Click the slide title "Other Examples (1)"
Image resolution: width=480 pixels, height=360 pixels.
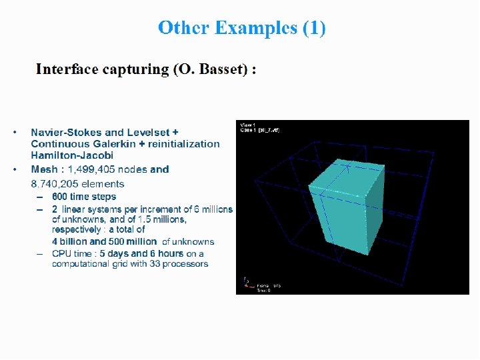[x=241, y=28]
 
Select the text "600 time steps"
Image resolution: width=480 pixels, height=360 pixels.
[x=84, y=197]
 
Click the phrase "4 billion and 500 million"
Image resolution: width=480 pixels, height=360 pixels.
[x=105, y=241]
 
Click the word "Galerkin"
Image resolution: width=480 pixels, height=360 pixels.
[x=113, y=144]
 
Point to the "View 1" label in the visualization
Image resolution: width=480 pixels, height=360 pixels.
[x=247, y=125]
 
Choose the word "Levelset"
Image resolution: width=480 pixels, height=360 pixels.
[x=150, y=132]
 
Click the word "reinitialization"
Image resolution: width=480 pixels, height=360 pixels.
[x=184, y=144]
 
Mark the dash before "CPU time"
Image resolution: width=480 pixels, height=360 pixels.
[x=40, y=254]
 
